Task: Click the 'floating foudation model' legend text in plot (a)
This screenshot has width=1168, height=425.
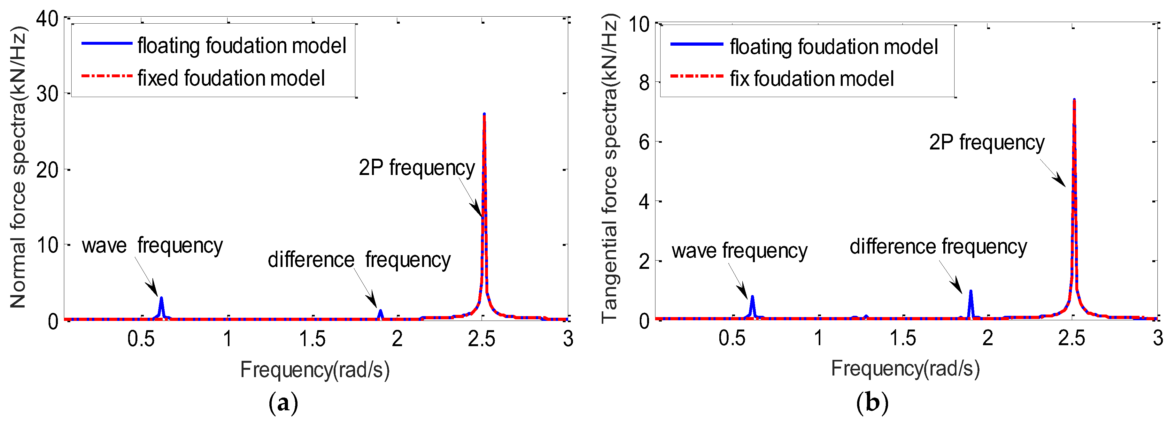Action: tap(242, 46)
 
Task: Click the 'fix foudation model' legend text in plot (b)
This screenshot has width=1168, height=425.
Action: tap(812, 79)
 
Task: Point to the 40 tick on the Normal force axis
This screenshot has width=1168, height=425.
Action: tap(47, 19)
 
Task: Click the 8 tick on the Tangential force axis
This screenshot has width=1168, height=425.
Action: tap(644, 83)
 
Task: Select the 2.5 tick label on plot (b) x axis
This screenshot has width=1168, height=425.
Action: tap(1071, 338)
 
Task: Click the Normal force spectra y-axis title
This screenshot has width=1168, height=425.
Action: tap(18, 168)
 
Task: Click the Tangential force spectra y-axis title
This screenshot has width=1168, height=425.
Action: tap(609, 168)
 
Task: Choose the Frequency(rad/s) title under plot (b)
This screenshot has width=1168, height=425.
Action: tap(905, 368)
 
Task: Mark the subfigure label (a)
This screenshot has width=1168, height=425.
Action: tap(283, 402)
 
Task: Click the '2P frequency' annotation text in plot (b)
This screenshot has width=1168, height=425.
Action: tap(986, 143)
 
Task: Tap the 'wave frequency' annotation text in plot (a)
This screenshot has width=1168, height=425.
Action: tap(152, 246)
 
